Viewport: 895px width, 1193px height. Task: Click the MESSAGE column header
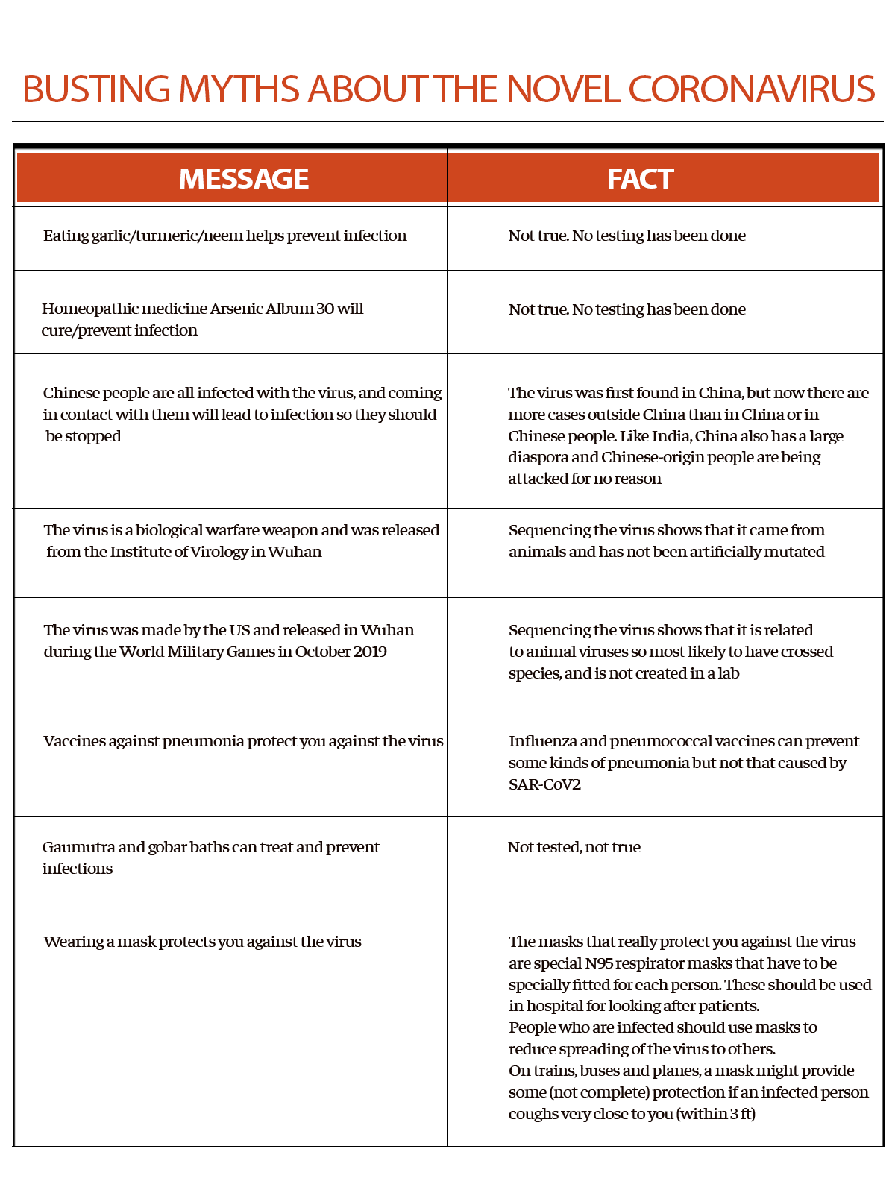pyautogui.click(x=244, y=179)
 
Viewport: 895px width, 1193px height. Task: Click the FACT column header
pyautogui.click(x=640, y=179)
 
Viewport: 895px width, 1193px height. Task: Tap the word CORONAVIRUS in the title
pyautogui.click(x=751, y=89)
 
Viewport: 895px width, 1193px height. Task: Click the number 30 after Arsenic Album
pyautogui.click(x=324, y=309)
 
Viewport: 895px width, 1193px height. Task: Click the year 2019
pyautogui.click(x=370, y=652)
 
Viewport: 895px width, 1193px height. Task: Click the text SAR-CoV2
pyautogui.click(x=544, y=784)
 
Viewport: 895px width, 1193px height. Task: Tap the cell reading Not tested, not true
pyautogui.click(x=574, y=847)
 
